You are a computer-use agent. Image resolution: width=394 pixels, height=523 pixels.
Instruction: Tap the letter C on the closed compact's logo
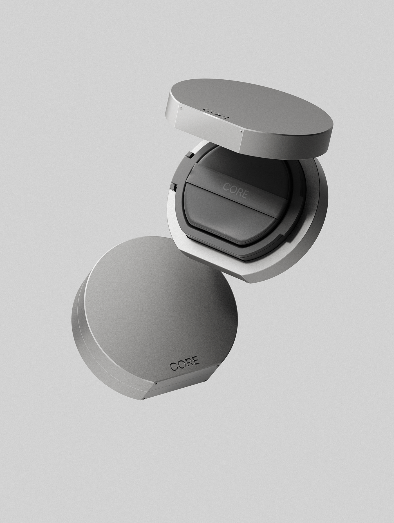tap(173, 366)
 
